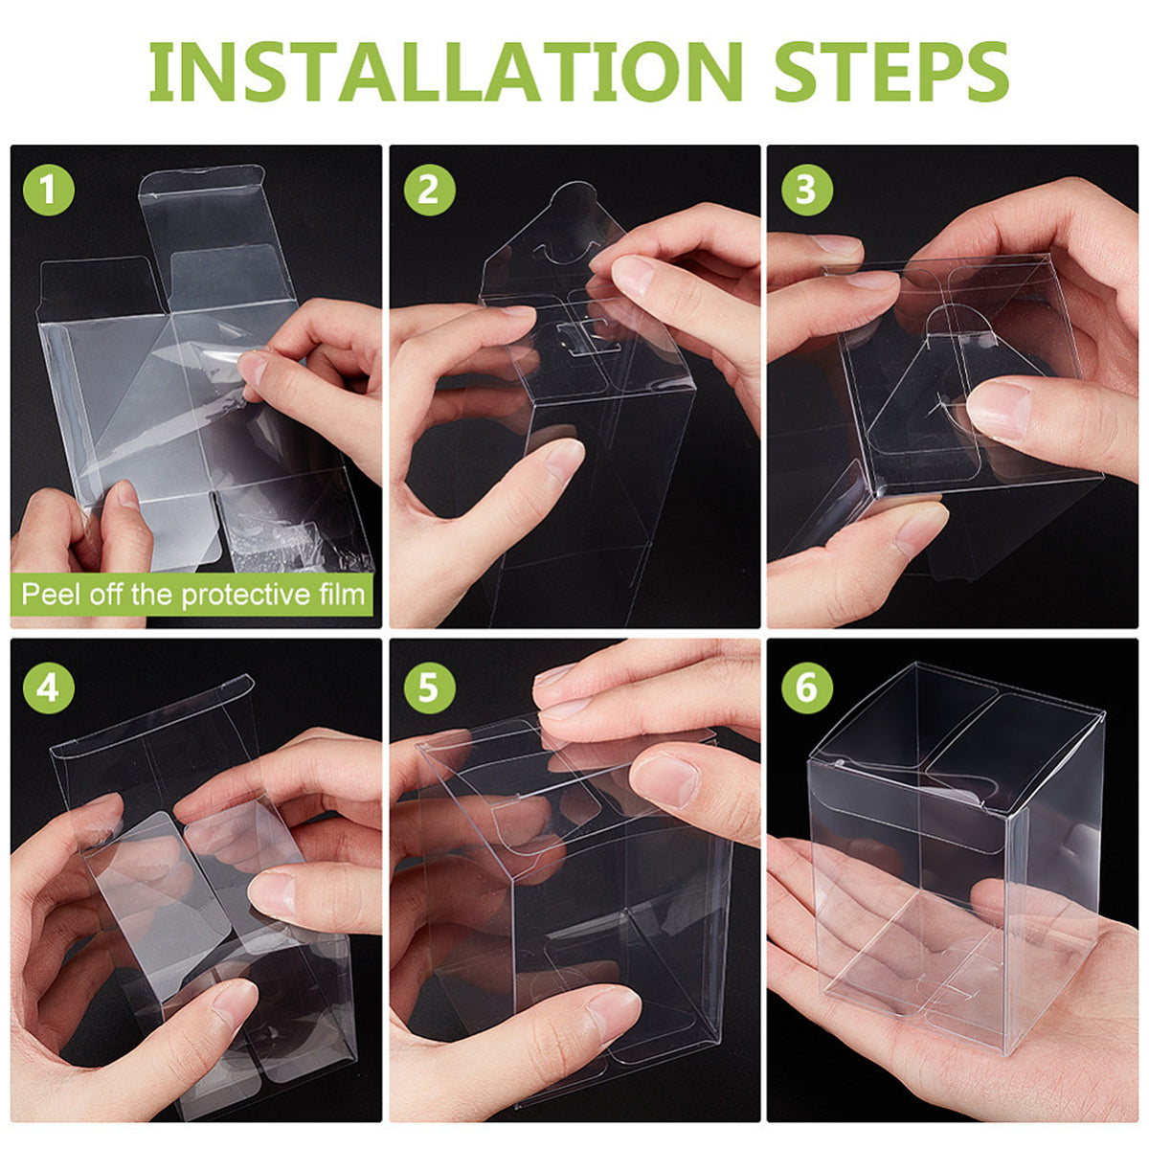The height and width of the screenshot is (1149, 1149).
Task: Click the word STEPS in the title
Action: [890, 71]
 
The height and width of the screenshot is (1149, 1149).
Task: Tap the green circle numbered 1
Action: [48, 190]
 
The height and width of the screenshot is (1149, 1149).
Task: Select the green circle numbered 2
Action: [428, 190]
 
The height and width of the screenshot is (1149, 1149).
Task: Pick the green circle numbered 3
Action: [806, 190]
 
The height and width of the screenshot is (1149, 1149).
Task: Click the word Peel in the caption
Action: [52, 595]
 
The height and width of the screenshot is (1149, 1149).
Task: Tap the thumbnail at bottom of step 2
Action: [564, 459]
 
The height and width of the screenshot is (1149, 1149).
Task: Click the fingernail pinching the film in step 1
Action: [254, 370]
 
